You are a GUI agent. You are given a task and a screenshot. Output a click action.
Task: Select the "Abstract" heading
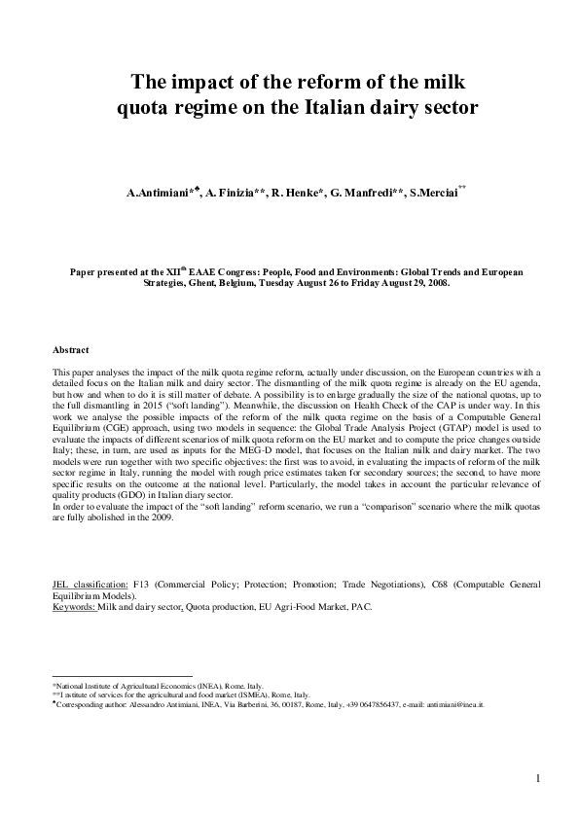point(70,349)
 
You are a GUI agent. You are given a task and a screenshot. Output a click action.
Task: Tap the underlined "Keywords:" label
point(73,606)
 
